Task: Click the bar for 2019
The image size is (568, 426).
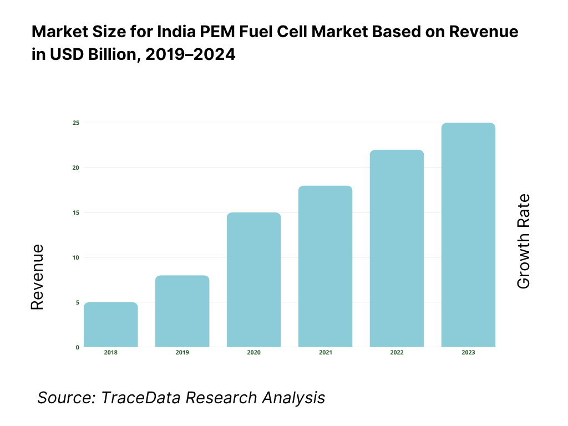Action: point(182,311)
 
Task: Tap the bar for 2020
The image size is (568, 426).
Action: point(253,280)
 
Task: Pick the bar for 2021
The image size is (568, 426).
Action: point(325,266)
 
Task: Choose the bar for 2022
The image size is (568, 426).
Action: point(397,248)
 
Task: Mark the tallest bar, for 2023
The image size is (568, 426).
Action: point(468,235)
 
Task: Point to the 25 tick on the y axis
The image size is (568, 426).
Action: point(76,123)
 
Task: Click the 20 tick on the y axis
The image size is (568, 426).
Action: point(76,168)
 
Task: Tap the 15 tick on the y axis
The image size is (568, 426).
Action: point(76,212)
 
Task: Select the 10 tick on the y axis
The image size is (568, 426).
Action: point(76,257)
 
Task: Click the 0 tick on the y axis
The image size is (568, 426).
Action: point(78,347)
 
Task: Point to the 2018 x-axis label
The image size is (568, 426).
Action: point(111,353)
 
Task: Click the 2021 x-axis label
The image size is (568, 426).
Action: point(325,353)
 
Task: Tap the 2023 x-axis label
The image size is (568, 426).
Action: point(468,353)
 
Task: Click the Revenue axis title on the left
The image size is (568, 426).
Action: point(37,277)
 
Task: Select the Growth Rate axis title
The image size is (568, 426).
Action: point(524,241)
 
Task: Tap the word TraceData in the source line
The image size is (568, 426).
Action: point(143,398)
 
